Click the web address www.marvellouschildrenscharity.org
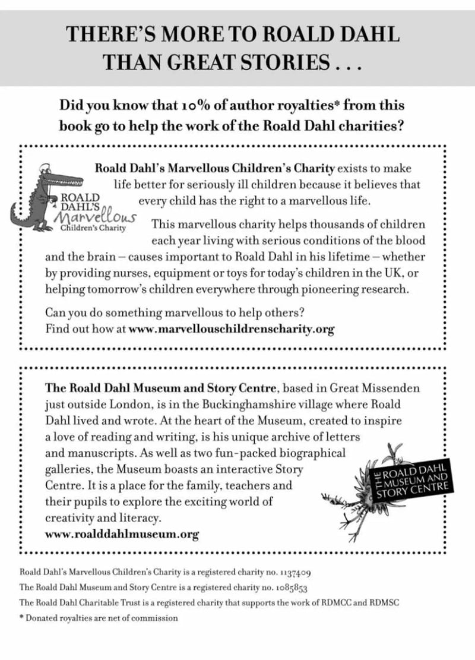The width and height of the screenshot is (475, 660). pos(232,329)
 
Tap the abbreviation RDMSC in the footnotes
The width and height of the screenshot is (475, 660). pos(381,602)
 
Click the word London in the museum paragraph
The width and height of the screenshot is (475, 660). pos(120,404)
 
